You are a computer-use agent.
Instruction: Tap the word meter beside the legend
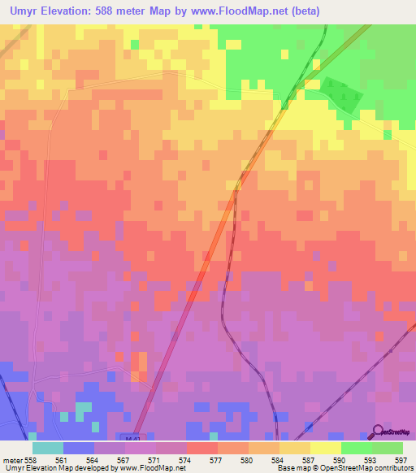tap(12, 459)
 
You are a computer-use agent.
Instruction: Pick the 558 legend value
tap(31, 459)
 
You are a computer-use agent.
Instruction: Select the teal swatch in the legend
tap(47, 448)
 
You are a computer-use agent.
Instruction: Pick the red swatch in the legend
tap(202, 448)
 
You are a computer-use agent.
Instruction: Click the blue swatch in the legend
tap(78, 448)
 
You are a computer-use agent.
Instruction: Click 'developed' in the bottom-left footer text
tap(84, 468)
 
